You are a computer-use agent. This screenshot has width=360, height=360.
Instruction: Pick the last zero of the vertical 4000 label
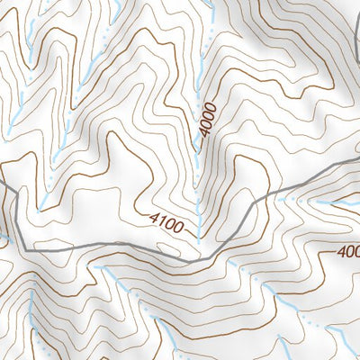pyautogui.click(x=211, y=105)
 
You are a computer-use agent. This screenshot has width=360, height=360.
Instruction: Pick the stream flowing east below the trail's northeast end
pyautogui.click(x=328, y=203)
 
